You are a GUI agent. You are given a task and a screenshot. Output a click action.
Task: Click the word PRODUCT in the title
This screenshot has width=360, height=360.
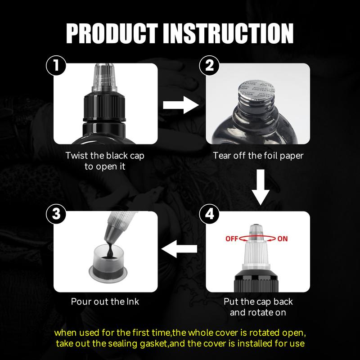[112, 33]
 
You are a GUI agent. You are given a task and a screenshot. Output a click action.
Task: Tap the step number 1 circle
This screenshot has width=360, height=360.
[56, 65]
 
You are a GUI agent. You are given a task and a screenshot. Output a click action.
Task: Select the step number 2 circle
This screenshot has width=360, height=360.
[209, 65]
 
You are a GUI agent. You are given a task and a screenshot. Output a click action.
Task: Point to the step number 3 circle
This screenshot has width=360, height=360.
[56, 214]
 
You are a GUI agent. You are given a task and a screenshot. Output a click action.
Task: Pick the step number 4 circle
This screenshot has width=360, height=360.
[209, 214]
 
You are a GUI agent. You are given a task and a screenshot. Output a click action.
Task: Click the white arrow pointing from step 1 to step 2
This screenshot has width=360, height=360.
[181, 105]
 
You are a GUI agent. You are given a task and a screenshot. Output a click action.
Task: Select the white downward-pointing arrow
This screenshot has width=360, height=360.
[261, 187]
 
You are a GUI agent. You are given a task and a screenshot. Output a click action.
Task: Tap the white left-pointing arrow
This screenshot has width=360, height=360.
[179, 249]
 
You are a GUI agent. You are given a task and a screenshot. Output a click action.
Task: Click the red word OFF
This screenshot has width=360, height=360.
[232, 239]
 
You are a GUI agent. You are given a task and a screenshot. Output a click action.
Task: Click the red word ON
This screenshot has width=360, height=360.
[283, 239]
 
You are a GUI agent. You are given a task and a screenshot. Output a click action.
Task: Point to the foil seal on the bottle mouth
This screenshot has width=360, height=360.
[256, 90]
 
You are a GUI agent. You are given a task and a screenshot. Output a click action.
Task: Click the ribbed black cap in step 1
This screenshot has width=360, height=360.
[104, 107]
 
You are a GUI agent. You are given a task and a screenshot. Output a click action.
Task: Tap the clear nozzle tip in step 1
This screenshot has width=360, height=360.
[105, 77]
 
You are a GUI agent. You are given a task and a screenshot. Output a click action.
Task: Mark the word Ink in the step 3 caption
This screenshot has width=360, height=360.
[132, 301]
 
